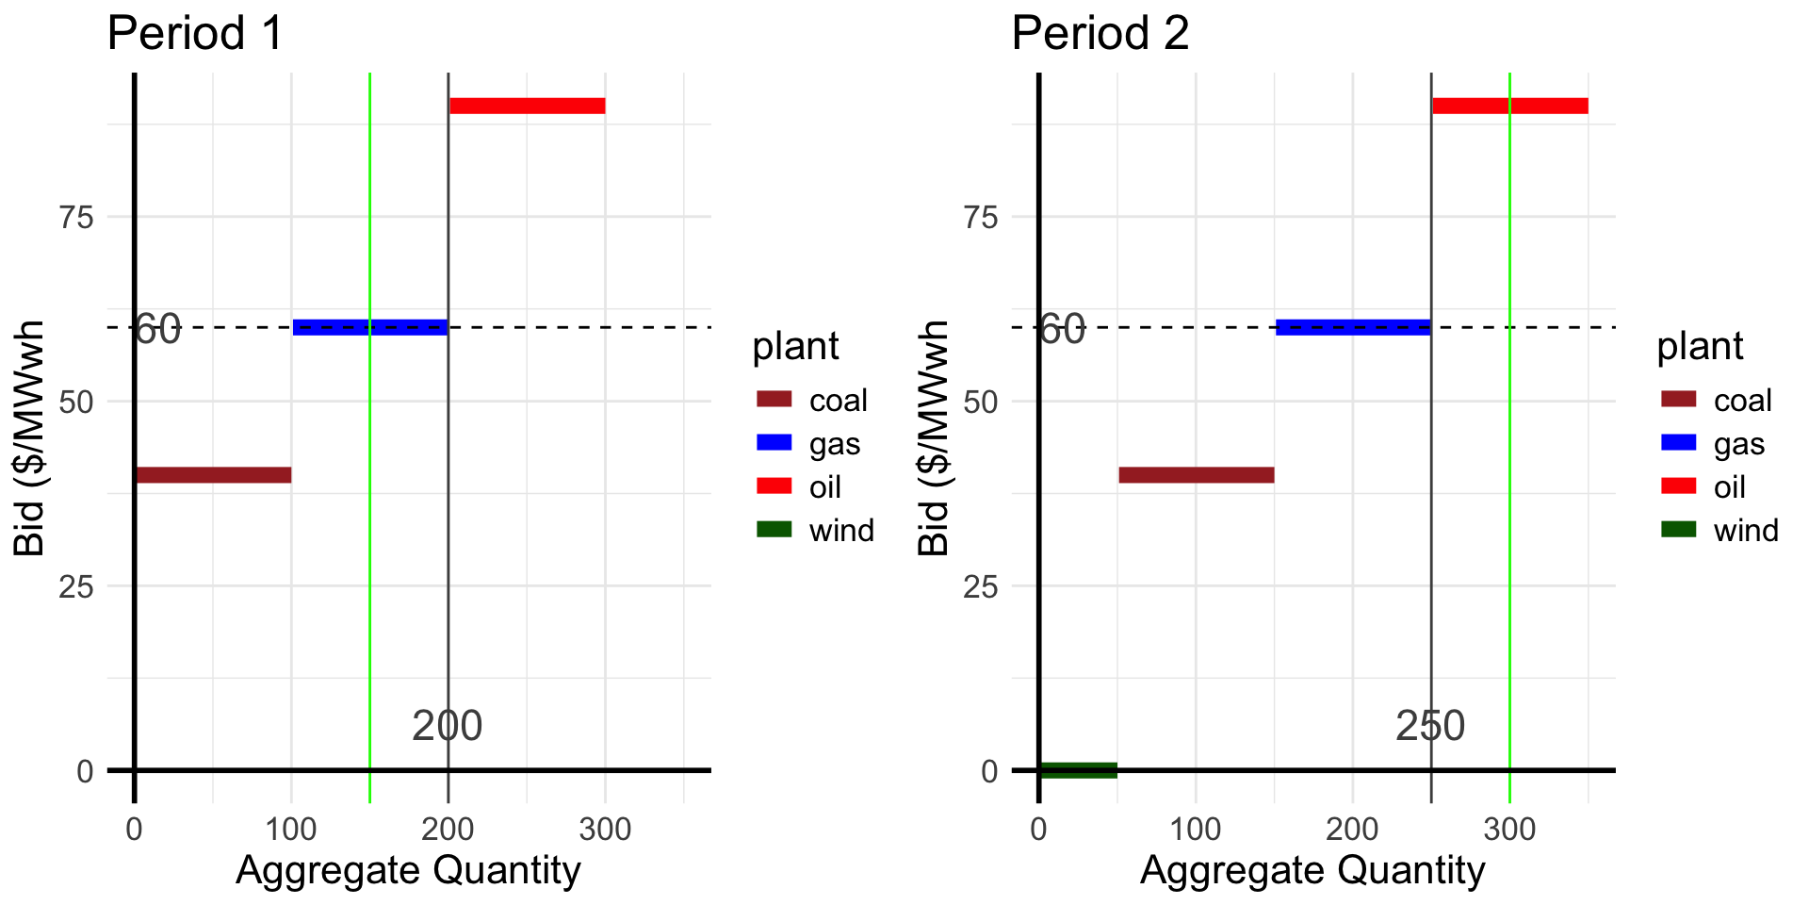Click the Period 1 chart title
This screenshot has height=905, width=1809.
(195, 34)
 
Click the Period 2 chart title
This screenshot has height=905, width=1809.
(1100, 34)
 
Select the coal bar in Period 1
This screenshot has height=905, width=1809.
(213, 475)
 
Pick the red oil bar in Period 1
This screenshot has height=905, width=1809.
(527, 106)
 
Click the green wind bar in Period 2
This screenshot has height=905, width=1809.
(1078, 770)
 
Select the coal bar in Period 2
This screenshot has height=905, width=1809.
(1196, 475)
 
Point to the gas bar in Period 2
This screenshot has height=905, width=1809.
(1353, 327)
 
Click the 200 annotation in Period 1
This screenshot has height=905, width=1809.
(448, 726)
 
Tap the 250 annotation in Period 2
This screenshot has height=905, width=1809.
(1430, 726)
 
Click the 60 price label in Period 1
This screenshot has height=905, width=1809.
(157, 330)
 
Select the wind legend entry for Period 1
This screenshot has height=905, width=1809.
(816, 530)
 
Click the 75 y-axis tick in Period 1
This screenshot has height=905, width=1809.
(76, 217)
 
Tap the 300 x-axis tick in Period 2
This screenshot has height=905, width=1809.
(1509, 830)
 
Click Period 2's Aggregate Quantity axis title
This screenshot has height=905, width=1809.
(1312, 870)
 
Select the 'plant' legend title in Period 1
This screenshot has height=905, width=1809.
(795, 347)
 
